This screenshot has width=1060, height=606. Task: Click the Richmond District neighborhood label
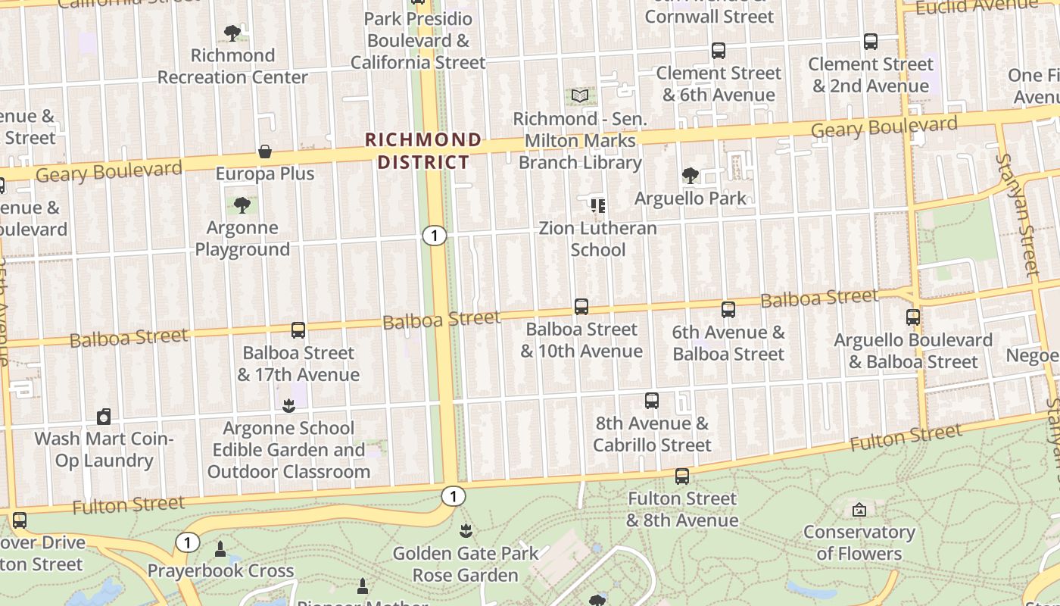(423, 151)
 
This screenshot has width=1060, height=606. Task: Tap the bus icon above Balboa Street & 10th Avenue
(581, 307)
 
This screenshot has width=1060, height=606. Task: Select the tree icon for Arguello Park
(690, 176)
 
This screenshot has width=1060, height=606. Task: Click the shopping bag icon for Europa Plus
(265, 151)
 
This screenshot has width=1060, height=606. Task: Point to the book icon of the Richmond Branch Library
(580, 96)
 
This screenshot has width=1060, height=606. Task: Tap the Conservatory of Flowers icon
(859, 510)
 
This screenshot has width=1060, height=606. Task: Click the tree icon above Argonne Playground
(242, 205)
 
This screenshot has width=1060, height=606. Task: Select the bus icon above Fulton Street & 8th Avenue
(682, 476)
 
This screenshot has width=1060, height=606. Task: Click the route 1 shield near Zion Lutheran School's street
(434, 236)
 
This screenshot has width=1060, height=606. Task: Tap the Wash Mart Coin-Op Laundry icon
(104, 417)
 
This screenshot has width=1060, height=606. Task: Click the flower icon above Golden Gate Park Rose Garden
(466, 531)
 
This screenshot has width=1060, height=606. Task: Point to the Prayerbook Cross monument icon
(220, 548)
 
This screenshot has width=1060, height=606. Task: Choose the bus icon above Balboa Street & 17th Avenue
(298, 330)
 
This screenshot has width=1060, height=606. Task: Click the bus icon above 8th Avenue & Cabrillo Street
(652, 401)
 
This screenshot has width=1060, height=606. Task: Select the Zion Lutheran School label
(597, 239)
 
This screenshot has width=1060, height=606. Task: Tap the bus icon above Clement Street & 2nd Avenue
(871, 42)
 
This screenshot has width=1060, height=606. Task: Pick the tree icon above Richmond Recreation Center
(232, 33)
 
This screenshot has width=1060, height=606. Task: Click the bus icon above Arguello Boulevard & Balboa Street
(913, 317)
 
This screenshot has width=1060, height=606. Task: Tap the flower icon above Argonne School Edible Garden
(288, 406)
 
